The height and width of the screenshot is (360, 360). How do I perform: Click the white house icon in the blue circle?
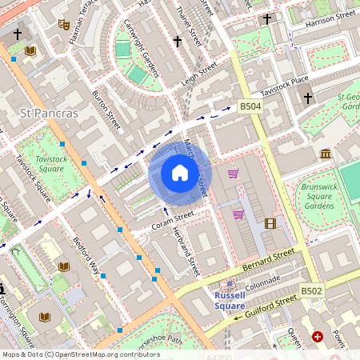180,173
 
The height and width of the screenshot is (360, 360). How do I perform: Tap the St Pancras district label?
50,113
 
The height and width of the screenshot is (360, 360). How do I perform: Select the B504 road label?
250,106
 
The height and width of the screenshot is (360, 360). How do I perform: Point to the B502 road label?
311,291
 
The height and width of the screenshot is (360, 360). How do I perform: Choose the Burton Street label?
106,110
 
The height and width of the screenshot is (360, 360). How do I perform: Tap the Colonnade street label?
262,282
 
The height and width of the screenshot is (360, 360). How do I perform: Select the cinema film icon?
270,224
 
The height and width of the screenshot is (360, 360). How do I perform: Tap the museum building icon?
326,154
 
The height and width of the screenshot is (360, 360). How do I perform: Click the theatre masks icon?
63,24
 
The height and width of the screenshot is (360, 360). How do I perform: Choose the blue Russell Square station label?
230,300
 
